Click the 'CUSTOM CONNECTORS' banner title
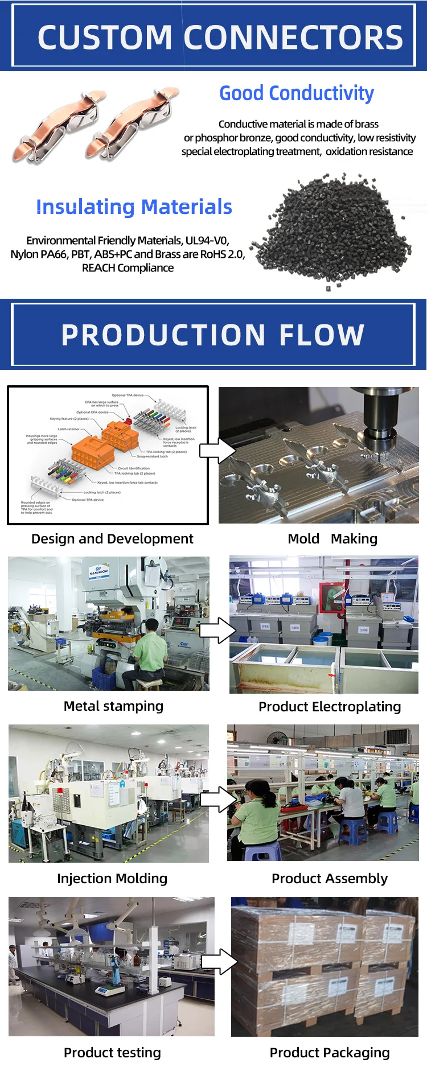(x=220, y=37)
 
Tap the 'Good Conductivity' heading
(x=297, y=93)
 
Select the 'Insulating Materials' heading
(x=134, y=207)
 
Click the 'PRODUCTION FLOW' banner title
(x=213, y=335)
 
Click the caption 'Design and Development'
(x=112, y=539)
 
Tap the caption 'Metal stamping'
(x=113, y=706)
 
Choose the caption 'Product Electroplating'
(x=330, y=707)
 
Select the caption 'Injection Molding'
(x=112, y=879)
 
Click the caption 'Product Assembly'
(x=330, y=879)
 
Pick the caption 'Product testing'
(x=112, y=1053)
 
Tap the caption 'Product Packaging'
(x=330, y=1053)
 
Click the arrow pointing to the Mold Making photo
(x=217, y=451)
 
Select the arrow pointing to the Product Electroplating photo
(x=217, y=630)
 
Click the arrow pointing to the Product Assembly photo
(x=219, y=800)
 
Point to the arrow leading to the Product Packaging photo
(x=220, y=962)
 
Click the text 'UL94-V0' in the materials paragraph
(x=207, y=241)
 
